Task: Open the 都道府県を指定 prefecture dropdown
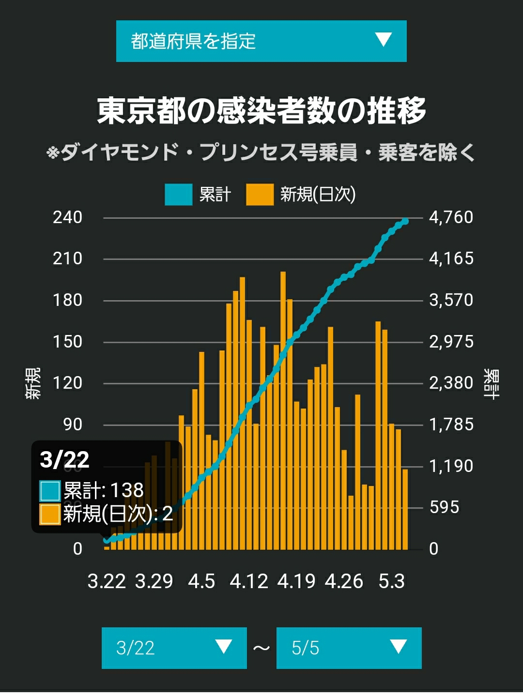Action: click(261, 41)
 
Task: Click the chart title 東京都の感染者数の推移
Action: click(261, 110)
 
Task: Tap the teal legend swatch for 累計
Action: click(179, 195)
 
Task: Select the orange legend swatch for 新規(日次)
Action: click(260, 195)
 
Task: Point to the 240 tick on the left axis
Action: click(67, 217)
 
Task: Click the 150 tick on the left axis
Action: click(67, 342)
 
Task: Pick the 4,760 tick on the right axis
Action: click(451, 217)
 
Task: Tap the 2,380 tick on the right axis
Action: click(451, 383)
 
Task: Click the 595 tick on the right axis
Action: click(445, 507)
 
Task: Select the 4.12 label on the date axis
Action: click(249, 582)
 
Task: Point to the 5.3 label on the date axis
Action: click(392, 582)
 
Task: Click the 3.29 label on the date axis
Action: click(154, 582)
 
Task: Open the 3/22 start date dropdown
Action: click(174, 648)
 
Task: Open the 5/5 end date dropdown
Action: click(349, 648)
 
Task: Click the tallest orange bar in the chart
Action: click(283, 410)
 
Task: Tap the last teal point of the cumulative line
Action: click(405, 221)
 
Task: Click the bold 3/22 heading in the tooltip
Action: click(64, 460)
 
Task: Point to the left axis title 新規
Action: click(33, 383)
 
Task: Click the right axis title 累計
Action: click(491, 384)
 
